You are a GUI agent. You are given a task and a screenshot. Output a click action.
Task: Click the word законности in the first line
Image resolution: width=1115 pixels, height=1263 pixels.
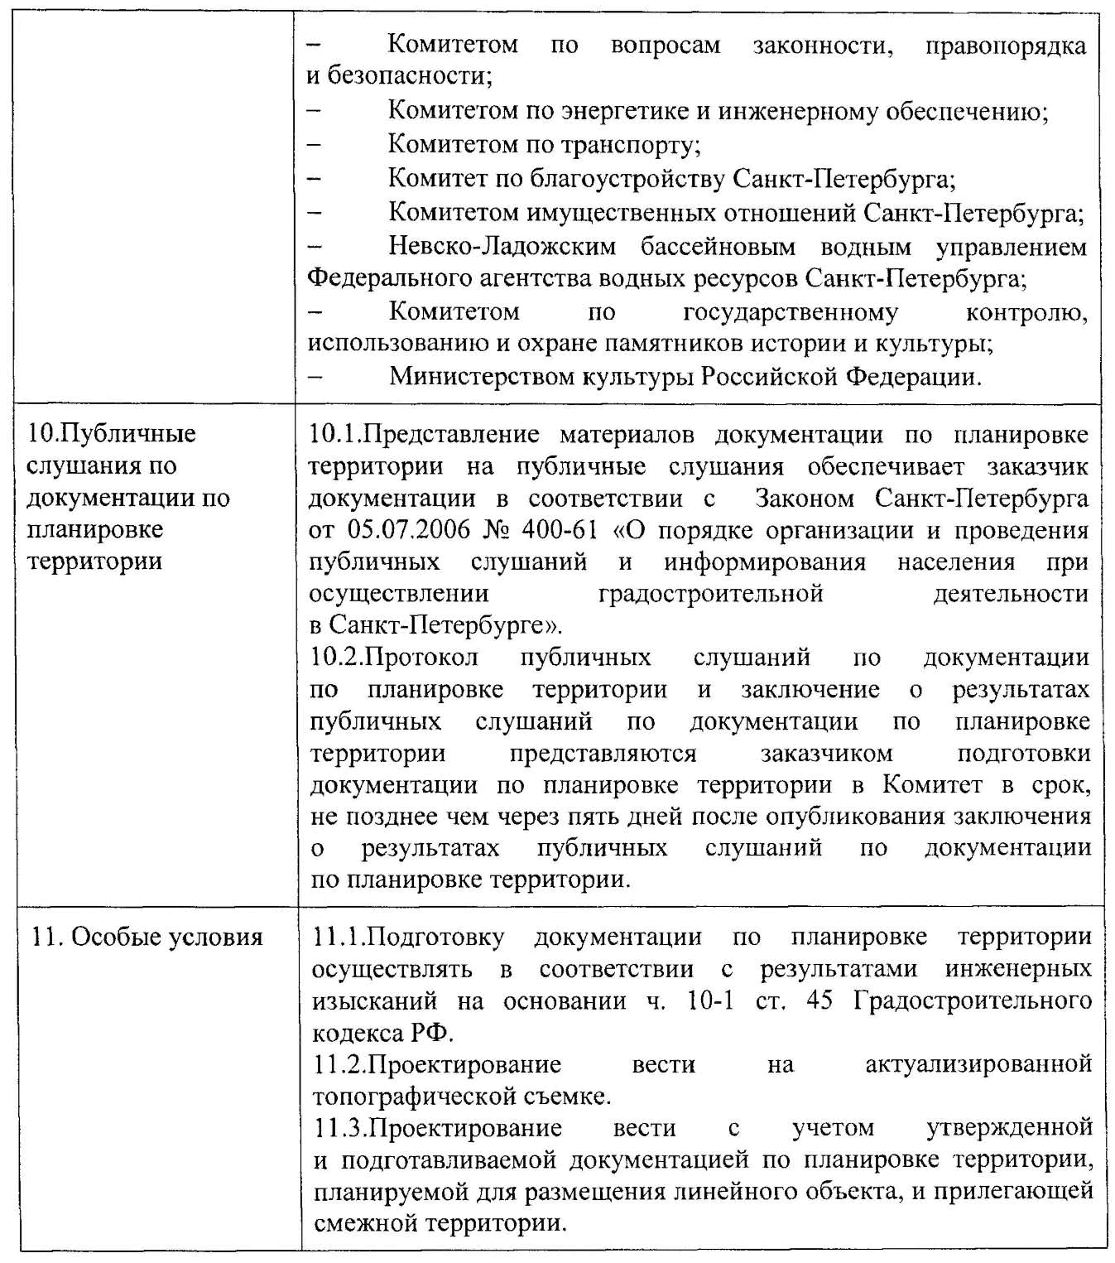click(823, 46)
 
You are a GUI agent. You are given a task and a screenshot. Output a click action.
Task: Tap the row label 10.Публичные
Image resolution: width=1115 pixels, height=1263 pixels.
click(112, 433)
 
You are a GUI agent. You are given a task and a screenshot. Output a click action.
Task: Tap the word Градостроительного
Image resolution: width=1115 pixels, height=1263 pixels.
click(973, 1000)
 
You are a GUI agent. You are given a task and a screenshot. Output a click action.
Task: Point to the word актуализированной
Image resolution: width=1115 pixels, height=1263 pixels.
click(978, 1064)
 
